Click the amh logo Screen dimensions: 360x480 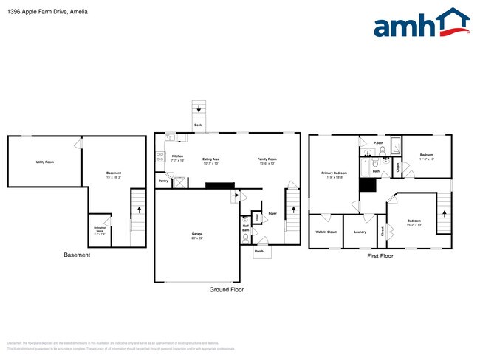pyautogui.click(x=421, y=24)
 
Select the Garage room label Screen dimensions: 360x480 pyautogui.click(x=197, y=235)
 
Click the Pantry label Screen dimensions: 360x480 pyautogui.click(x=162, y=180)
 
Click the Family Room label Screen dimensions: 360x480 pyautogui.click(x=267, y=159)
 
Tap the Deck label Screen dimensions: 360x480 pyautogui.click(x=198, y=125)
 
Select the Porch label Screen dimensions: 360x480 pyautogui.click(x=259, y=251)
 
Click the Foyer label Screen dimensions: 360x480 pyautogui.click(x=272, y=214)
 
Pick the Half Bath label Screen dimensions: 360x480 pyautogui.click(x=245, y=229)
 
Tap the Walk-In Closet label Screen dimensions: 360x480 pyautogui.click(x=326, y=232)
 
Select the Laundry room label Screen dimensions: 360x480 pyautogui.click(x=360, y=232)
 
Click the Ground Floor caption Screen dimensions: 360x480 pyautogui.click(x=227, y=290)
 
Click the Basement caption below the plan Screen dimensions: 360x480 pyautogui.click(x=77, y=255)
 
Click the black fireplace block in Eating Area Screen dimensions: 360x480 pyautogui.click(x=219, y=185)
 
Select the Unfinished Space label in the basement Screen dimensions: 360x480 pyautogui.click(x=100, y=229)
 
